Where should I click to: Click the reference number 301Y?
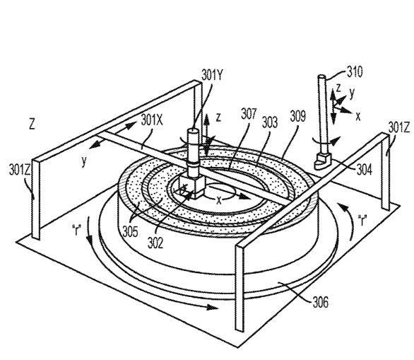[x=213, y=74]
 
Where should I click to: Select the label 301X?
[x=152, y=120]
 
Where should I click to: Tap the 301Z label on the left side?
[x=20, y=170]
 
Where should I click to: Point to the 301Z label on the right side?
[x=398, y=128]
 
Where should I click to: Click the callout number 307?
[x=249, y=114]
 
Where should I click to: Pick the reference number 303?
[x=270, y=122]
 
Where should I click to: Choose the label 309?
[x=298, y=116]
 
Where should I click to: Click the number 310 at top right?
[x=355, y=71]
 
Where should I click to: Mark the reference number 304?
[x=365, y=170]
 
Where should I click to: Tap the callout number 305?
[x=131, y=232]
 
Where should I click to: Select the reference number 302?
[x=155, y=243]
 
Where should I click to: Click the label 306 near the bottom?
[x=321, y=302]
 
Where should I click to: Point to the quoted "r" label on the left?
[x=76, y=230]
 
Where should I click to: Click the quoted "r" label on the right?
[x=363, y=221]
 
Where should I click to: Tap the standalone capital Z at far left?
[x=32, y=124]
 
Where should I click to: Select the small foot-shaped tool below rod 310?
[x=323, y=161]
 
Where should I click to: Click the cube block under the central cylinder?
[x=192, y=187]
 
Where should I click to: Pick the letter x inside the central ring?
[x=218, y=201]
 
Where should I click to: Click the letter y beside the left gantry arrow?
[x=84, y=161]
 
